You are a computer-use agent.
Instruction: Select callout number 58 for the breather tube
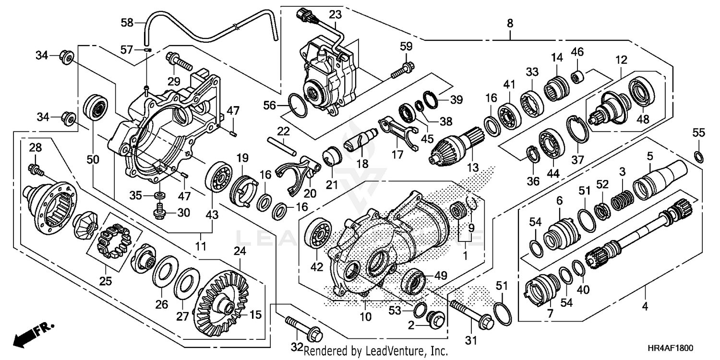[127, 23]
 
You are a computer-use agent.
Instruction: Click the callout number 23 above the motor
[335, 14]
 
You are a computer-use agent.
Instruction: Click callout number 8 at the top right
[510, 23]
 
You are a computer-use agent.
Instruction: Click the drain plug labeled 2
[435, 319]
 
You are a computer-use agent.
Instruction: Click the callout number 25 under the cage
[106, 281]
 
